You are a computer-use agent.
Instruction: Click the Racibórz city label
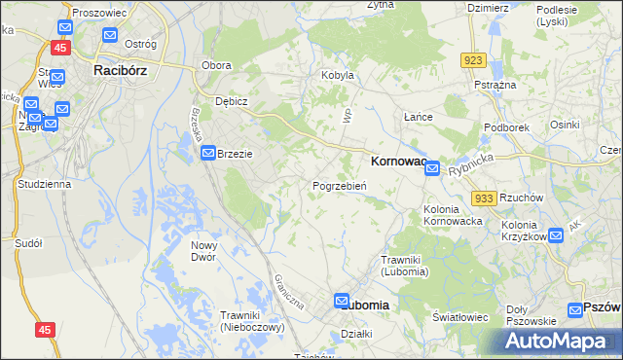(x=120, y=70)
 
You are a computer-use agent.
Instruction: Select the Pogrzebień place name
(x=339, y=186)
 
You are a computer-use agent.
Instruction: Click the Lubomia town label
(x=369, y=305)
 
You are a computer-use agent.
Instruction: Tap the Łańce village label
(x=419, y=117)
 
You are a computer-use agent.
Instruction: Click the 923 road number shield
(x=474, y=60)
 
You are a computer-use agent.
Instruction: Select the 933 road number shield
(x=484, y=198)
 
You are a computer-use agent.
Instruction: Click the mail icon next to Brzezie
(x=208, y=154)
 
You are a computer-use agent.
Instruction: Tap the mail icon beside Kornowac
(x=432, y=168)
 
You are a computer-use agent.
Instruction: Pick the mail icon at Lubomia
(x=342, y=303)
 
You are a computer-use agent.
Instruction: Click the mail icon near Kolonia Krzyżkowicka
(x=555, y=234)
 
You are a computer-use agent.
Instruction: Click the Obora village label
(x=215, y=65)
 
